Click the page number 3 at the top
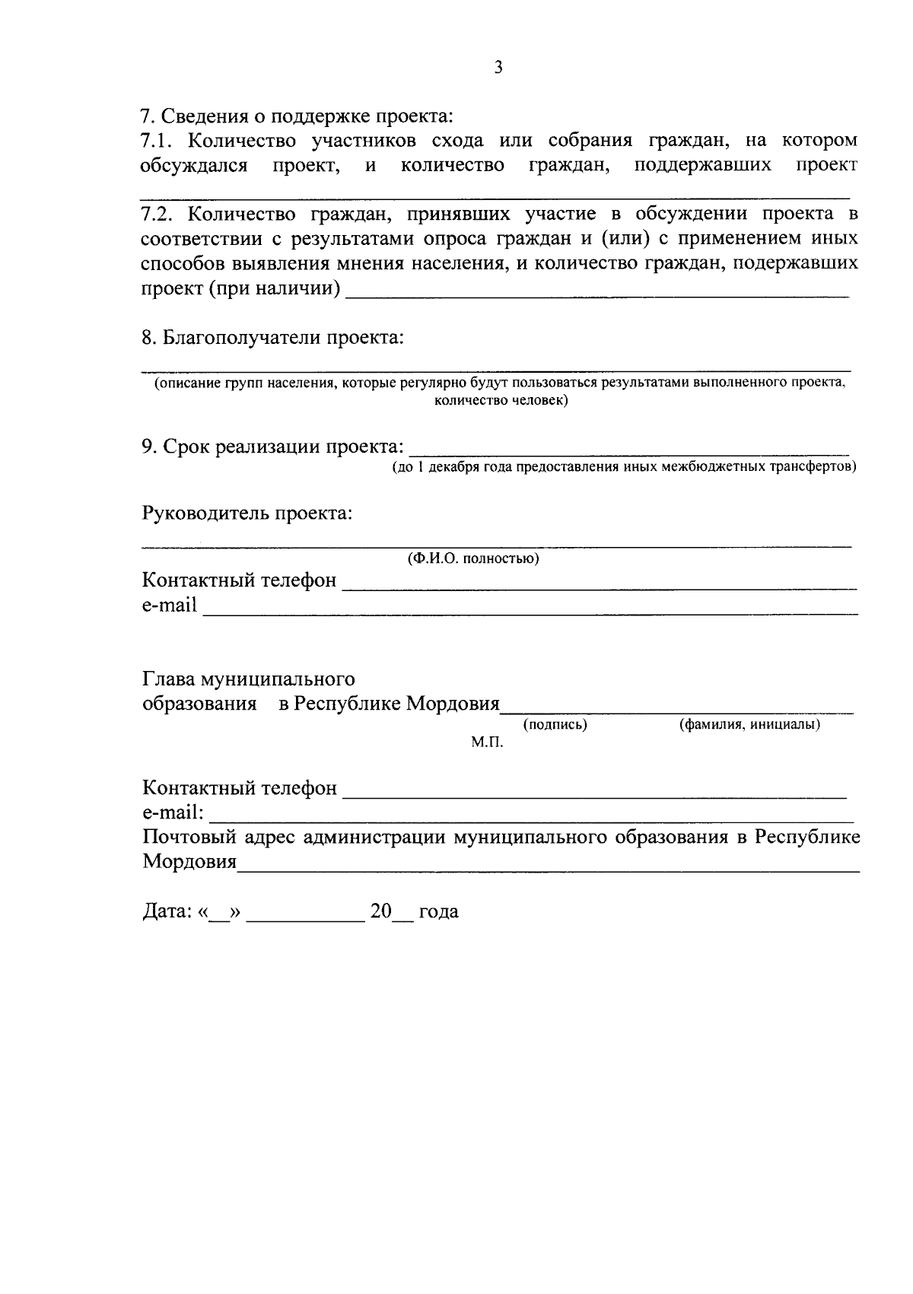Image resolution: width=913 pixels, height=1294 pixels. tap(498, 68)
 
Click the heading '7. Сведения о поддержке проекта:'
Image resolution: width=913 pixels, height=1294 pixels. tap(297, 116)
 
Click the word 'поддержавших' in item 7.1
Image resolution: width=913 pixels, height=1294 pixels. tap(702, 165)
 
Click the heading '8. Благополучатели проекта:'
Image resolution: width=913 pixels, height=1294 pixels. tap(272, 337)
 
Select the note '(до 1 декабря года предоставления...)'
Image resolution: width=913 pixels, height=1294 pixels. tap(624, 466)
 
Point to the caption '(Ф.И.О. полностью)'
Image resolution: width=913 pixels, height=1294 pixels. tap(473, 559)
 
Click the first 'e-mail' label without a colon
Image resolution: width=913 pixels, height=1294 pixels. tap(169, 606)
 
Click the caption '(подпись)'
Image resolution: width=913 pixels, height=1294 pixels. tap(555, 725)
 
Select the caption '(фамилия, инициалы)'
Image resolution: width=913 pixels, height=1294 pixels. tap(749, 725)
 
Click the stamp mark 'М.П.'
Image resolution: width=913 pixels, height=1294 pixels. tap(487, 742)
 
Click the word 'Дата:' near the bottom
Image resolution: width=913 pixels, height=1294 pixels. tap(167, 911)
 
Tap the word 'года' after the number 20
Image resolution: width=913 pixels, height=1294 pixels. tap(438, 911)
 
